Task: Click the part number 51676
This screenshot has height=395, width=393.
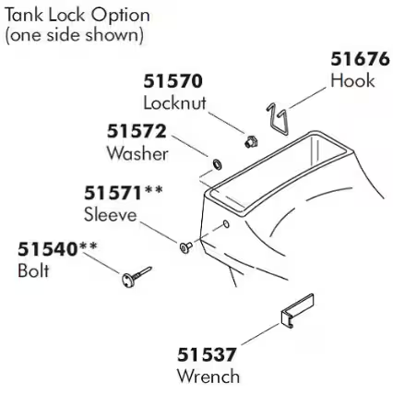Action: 360,59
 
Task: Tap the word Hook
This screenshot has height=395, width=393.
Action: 352,81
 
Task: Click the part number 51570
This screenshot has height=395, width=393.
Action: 173,81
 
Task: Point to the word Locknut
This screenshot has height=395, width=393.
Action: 174,103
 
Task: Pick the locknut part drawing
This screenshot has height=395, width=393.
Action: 252,141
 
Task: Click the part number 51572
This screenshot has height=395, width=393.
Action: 137,131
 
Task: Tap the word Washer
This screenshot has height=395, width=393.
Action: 137,153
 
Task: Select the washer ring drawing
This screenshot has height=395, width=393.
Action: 218,164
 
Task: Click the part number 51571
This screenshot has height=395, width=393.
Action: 113,193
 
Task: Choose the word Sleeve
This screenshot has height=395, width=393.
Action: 111,214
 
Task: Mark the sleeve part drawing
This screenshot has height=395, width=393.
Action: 185,246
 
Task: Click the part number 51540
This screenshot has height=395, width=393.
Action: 47,249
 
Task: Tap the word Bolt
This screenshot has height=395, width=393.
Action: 33,270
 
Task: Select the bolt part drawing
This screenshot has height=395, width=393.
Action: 137,277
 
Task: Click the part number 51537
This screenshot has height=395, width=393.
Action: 207,354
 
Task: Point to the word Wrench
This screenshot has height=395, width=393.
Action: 208,377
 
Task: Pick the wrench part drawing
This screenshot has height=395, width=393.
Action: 297,310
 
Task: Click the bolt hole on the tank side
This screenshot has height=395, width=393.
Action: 226,223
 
